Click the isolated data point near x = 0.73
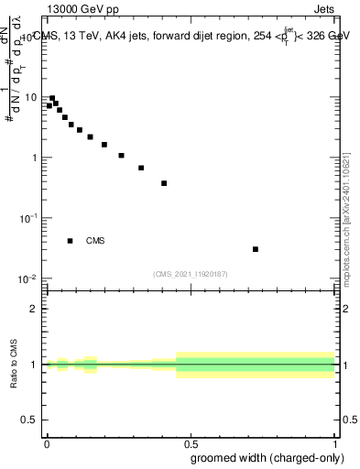[256, 249]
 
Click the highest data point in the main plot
[52, 98]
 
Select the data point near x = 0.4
[164, 183]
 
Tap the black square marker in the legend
[71, 241]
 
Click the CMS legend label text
[95, 241]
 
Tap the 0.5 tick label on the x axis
[191, 442]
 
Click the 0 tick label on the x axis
[47, 442]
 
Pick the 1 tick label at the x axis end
[334, 442]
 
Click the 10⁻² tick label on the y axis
[29, 278]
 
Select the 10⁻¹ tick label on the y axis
[29, 218]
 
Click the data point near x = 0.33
[141, 168]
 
